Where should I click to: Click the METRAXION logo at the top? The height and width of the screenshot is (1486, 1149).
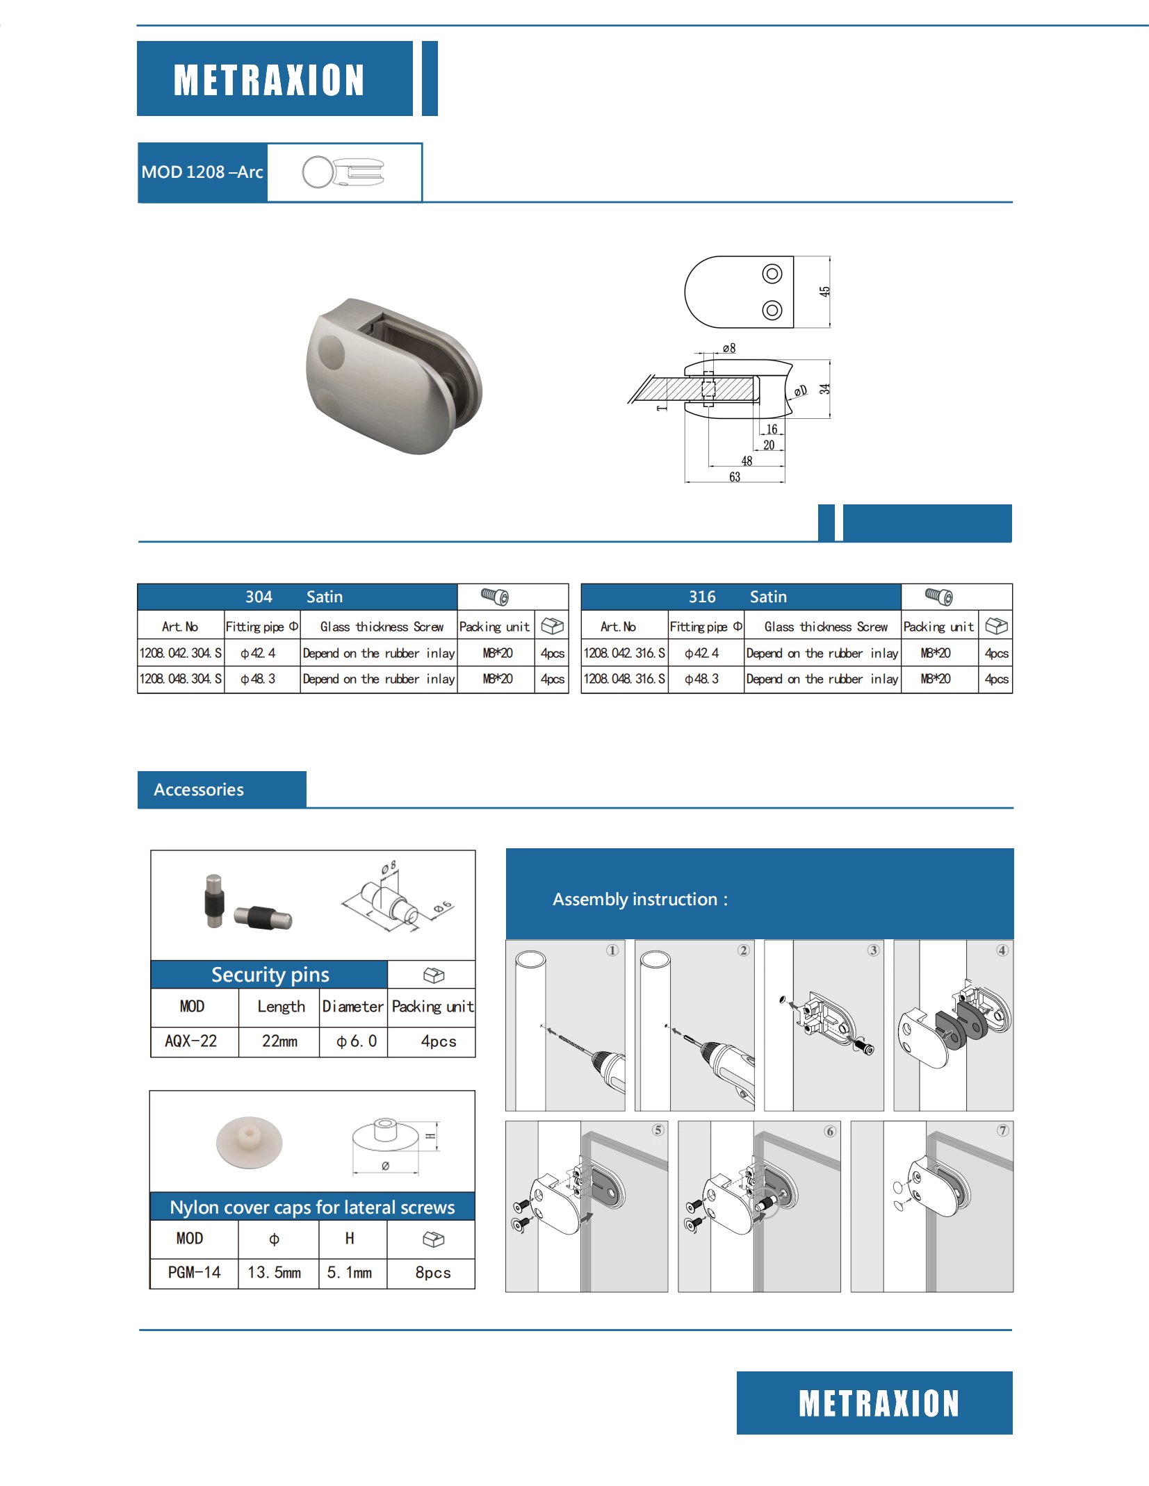(x=269, y=79)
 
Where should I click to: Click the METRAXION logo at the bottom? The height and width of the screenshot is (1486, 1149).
(x=879, y=1403)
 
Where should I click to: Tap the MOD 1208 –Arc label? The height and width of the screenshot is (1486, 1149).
(x=202, y=172)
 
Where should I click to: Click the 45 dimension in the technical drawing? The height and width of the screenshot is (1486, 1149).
(x=824, y=292)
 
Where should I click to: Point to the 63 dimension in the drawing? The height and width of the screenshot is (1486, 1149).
(x=735, y=477)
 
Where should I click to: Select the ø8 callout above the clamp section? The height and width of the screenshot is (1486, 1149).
(x=728, y=348)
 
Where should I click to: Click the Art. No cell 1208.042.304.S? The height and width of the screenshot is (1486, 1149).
(x=181, y=653)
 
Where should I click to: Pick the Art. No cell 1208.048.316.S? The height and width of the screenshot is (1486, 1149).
(x=624, y=679)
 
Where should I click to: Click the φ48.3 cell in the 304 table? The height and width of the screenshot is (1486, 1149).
(x=258, y=679)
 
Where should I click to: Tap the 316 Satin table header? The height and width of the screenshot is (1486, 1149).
(x=738, y=597)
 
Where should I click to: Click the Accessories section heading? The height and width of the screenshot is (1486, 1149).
(x=199, y=790)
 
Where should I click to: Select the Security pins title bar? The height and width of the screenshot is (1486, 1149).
(x=270, y=975)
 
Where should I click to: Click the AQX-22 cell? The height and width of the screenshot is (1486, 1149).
(x=191, y=1041)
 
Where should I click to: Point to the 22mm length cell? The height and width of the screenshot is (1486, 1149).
(x=279, y=1041)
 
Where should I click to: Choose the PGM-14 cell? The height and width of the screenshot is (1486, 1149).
(x=194, y=1272)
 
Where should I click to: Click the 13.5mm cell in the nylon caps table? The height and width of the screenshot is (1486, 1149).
(x=275, y=1272)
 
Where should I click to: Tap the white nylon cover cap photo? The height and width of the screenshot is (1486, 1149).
(x=249, y=1142)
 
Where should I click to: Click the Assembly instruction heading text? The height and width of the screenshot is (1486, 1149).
(x=639, y=900)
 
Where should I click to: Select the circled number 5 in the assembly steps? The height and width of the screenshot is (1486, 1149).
(x=658, y=1130)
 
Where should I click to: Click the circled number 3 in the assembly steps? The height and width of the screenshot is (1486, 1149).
(x=873, y=950)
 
